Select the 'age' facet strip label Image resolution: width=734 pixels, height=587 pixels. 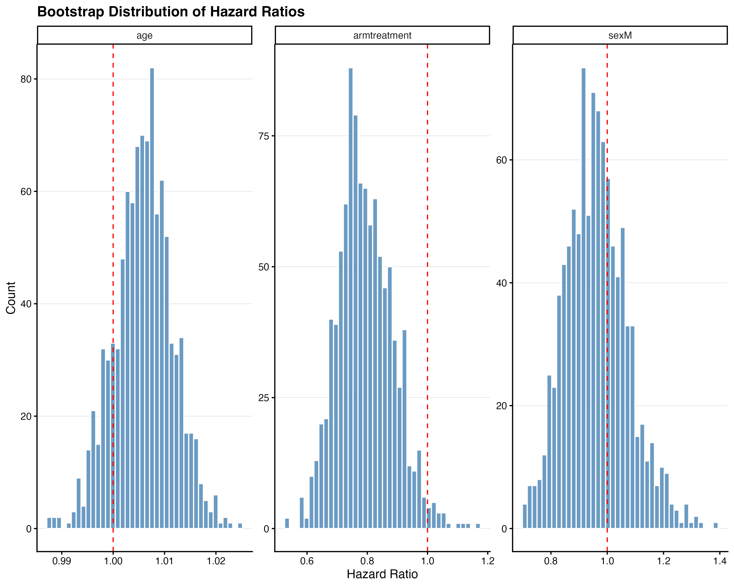144,35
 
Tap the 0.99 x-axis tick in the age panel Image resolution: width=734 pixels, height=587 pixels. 62,561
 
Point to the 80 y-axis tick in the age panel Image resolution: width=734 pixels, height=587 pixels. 26,79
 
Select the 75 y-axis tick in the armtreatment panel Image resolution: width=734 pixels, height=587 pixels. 264,136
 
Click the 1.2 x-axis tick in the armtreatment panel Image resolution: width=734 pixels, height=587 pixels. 488,561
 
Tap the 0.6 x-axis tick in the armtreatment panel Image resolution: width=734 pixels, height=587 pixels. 307,561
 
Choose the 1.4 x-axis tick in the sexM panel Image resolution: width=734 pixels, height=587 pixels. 720,561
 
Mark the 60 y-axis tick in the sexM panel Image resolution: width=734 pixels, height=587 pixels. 502,160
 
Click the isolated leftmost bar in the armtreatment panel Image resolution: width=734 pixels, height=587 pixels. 287,523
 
